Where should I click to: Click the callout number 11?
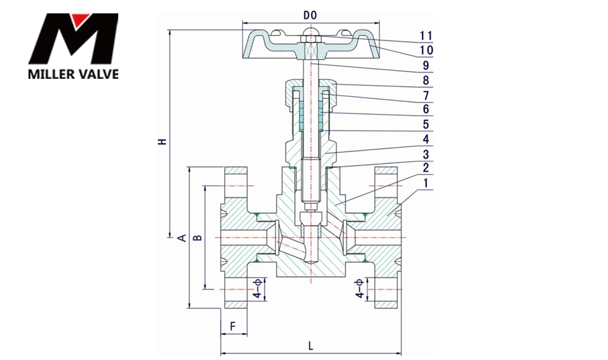click(426, 36)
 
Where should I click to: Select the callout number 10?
click(426, 50)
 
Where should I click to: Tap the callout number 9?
click(426, 65)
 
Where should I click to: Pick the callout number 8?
click(426, 80)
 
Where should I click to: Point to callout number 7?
click(426, 95)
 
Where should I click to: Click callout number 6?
click(426, 109)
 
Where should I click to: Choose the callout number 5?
click(426, 124)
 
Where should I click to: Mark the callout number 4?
click(426, 139)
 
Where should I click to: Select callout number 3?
click(426, 154)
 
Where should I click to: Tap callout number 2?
click(426, 168)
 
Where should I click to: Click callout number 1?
click(426, 183)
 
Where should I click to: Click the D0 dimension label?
click(310, 16)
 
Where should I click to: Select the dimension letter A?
click(181, 237)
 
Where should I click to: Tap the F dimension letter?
click(233, 326)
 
